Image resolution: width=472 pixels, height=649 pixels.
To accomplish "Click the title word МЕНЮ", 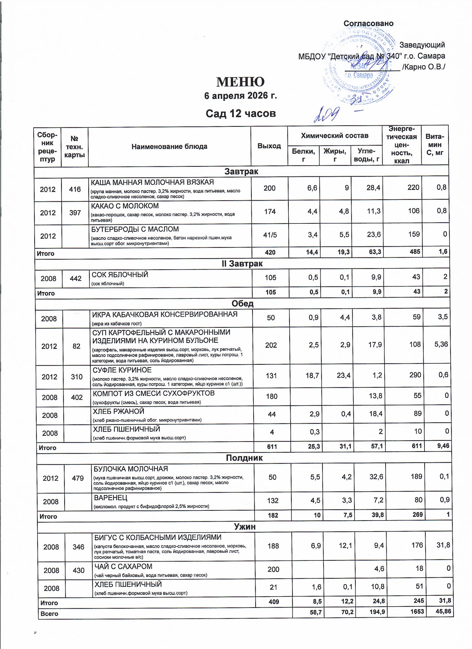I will (240, 82).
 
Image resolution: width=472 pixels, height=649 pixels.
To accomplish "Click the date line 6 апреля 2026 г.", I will (240, 95).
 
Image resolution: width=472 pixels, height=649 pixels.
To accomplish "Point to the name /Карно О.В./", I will (423, 67).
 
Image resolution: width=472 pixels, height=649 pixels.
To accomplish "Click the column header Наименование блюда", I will (169, 147).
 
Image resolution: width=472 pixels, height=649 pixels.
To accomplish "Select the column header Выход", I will (269, 146).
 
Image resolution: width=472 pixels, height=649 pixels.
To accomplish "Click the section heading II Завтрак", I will (242, 263).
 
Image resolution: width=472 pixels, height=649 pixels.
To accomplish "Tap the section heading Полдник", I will (244, 457).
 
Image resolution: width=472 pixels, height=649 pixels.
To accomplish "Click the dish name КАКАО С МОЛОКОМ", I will (124, 206).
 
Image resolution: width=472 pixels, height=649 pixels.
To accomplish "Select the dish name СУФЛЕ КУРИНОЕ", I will (122, 370).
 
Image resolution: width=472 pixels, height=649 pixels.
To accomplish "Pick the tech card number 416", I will (75, 189).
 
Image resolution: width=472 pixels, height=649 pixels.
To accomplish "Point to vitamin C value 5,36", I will (441, 344).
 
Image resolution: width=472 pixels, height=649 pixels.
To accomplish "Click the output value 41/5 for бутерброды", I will (270, 235).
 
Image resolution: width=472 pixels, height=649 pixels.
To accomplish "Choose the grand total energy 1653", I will (416, 612).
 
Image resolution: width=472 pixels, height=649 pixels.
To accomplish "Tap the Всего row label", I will (49, 613).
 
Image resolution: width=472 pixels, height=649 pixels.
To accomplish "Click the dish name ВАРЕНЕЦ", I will (111, 498).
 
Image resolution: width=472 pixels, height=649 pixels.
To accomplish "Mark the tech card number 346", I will (78, 547).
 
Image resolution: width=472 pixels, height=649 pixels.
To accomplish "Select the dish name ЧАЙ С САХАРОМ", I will (123, 566).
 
